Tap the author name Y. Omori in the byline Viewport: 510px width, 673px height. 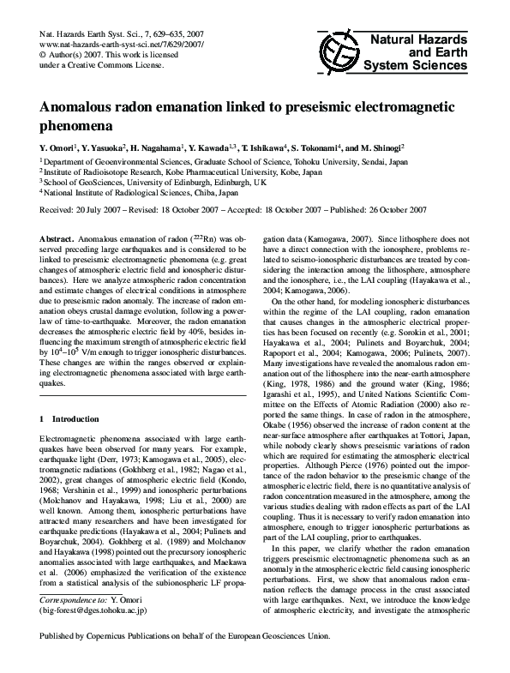click(60, 147)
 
